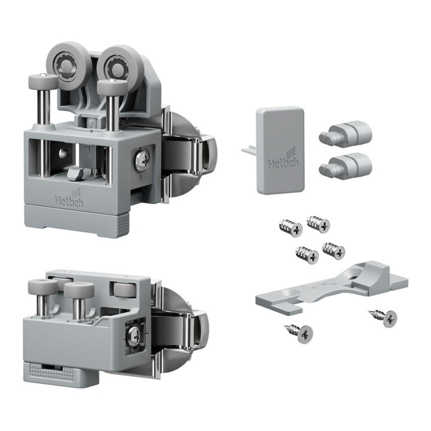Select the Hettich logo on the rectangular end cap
tap(283, 160)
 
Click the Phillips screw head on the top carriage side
tap(142, 159)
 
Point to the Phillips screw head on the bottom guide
tap(134, 337)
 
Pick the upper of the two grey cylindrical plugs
tap(345, 132)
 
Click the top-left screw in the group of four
tap(290, 228)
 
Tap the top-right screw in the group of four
tap(318, 224)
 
